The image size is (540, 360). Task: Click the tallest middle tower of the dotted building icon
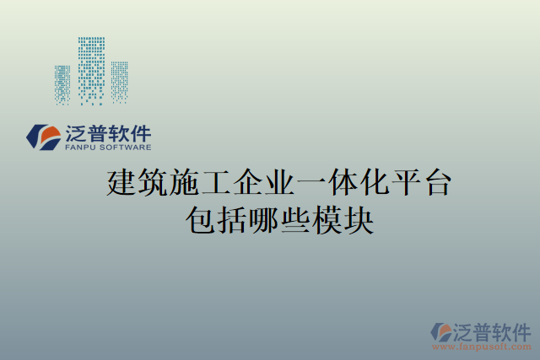coord(92,71)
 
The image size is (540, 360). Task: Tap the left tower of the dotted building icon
coord(62,85)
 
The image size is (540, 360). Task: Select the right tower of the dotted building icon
coord(119,83)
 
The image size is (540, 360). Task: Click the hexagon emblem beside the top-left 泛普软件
coord(41,137)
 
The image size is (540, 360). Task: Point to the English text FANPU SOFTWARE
coord(108,147)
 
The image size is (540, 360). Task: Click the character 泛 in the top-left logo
coord(75,132)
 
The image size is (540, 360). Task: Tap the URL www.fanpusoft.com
coord(483,346)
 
